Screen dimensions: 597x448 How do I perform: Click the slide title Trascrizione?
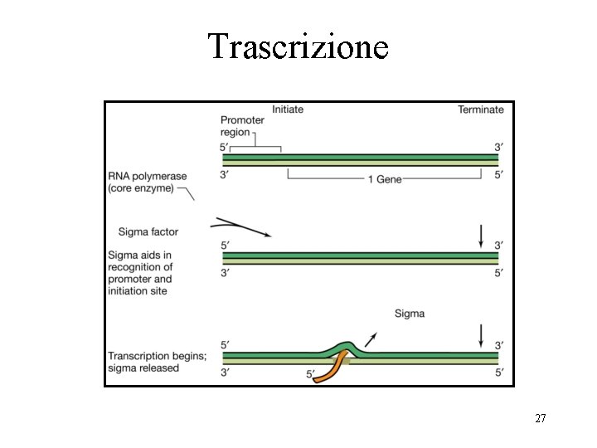(x=298, y=46)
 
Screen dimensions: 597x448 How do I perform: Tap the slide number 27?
(x=540, y=419)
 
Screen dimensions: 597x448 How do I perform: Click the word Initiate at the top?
(x=288, y=110)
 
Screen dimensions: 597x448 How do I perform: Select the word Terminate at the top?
(x=480, y=110)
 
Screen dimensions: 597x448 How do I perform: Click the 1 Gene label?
(x=384, y=180)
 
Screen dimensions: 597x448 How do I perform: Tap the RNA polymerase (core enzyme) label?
(x=148, y=182)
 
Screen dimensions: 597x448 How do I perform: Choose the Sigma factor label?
(x=148, y=231)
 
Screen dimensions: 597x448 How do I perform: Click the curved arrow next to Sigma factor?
(x=241, y=226)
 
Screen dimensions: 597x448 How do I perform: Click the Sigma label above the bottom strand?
(x=409, y=314)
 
